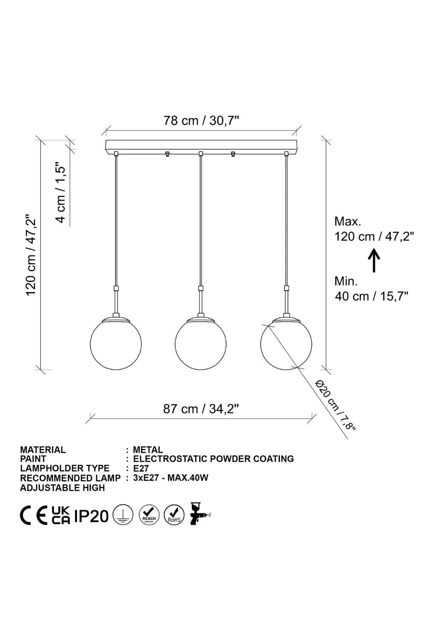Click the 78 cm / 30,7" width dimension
point(201,121)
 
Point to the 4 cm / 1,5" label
point(60,193)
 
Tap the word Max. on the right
point(348,221)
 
